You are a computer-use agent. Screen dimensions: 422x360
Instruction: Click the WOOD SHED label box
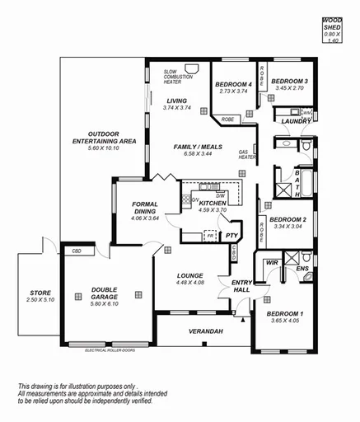click(332, 28)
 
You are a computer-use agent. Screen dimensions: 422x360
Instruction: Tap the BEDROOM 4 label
click(233, 84)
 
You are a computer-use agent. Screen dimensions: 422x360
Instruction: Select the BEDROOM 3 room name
click(289, 81)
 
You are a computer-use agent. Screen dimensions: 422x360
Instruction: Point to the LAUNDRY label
click(295, 122)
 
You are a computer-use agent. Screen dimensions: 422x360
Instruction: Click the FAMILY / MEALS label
click(194, 147)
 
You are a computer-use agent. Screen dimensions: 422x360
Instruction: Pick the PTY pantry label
click(231, 235)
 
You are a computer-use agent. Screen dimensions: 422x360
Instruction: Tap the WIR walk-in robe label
click(271, 263)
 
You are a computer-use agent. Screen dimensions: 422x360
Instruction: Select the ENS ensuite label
click(302, 269)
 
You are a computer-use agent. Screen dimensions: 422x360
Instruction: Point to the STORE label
click(40, 293)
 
